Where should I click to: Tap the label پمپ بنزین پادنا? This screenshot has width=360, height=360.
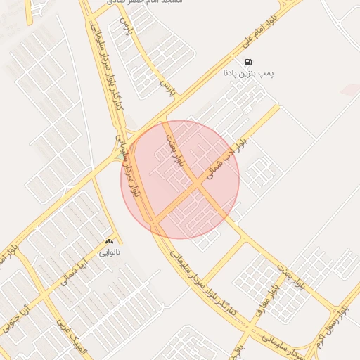pyautogui.click(x=248, y=72)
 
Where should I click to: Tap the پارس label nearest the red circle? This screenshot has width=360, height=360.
pyautogui.click(x=167, y=88)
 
